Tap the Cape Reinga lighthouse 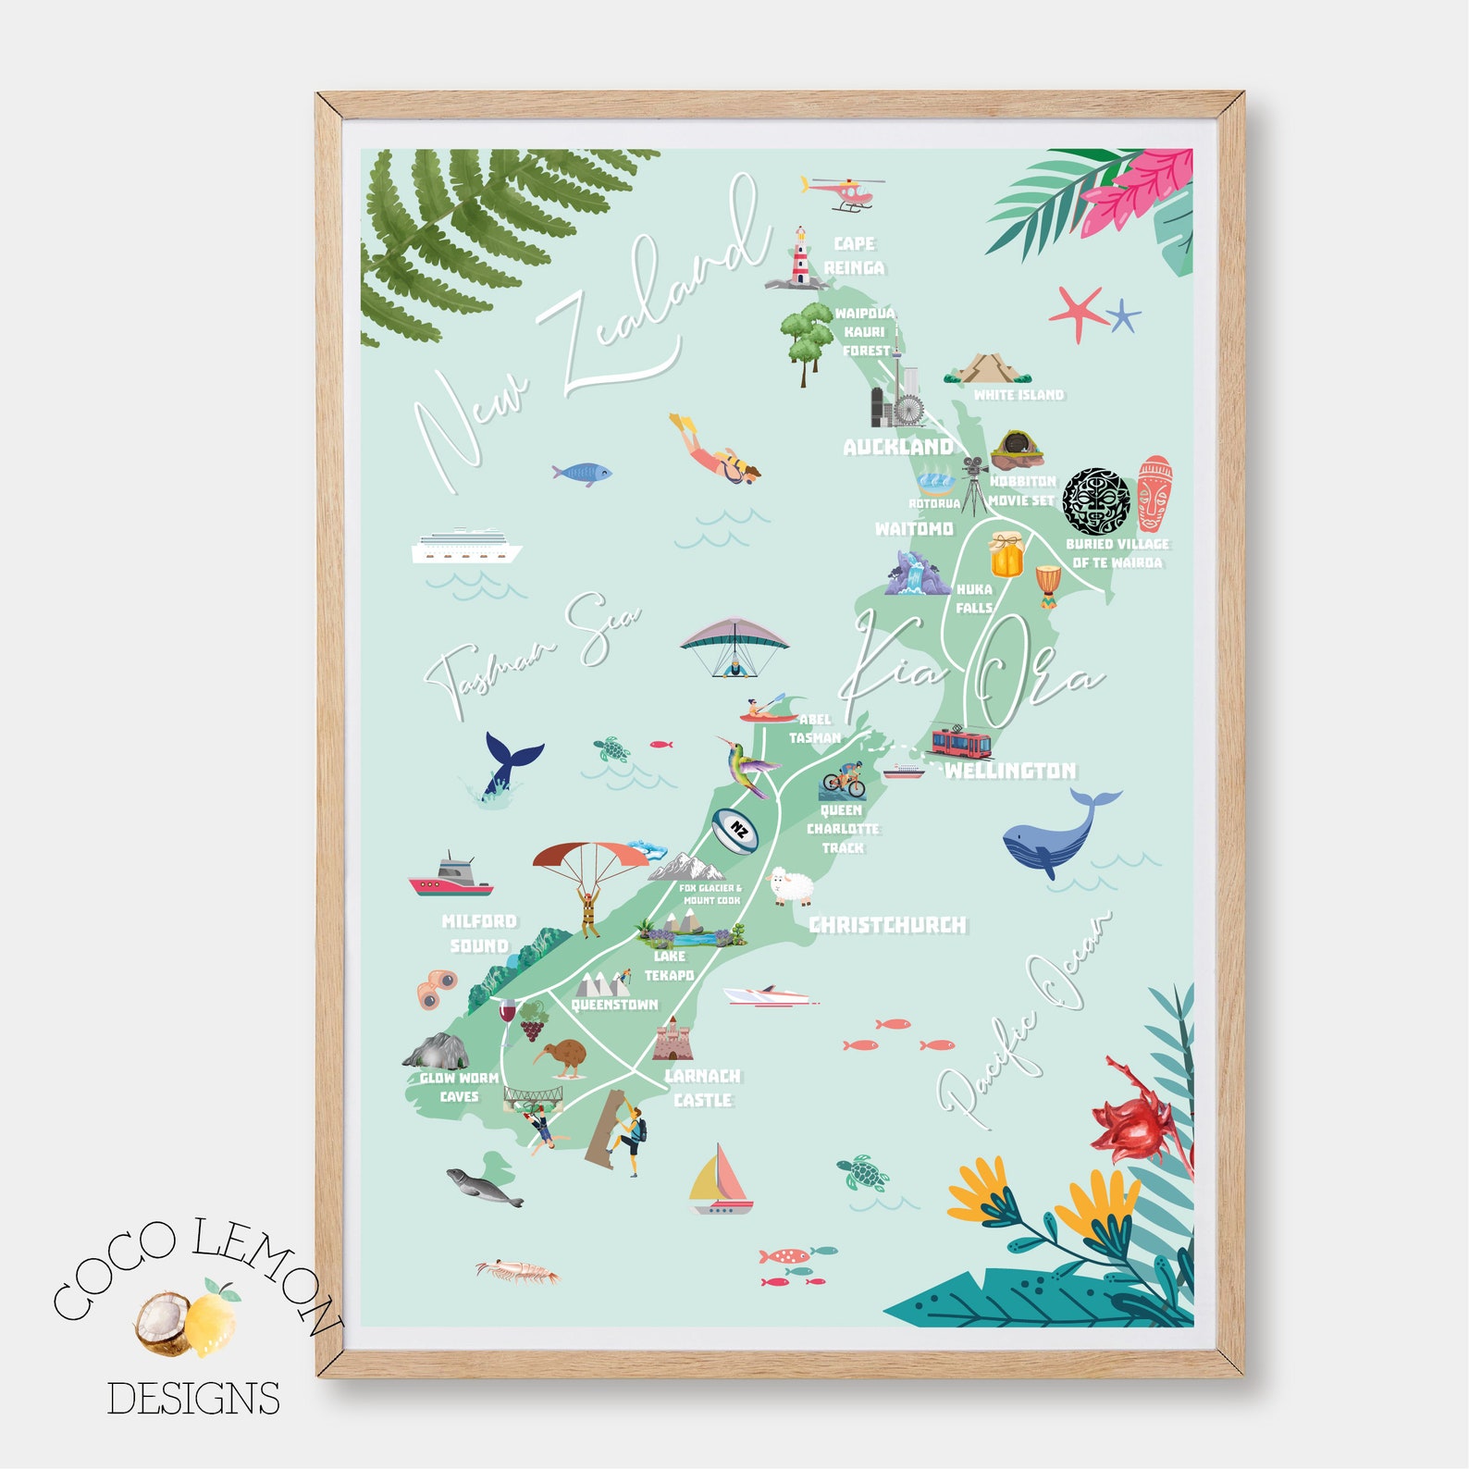coord(797,256)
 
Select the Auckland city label coord(897,447)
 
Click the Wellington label coord(1010,771)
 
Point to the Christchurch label coord(887,924)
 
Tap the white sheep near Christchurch coord(791,886)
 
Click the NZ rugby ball coord(736,830)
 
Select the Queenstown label coord(614,1005)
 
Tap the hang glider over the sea coord(734,645)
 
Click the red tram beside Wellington coord(960,742)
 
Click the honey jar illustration coord(1006,553)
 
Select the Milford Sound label coord(479,933)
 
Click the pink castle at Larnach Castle coord(670,1039)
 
